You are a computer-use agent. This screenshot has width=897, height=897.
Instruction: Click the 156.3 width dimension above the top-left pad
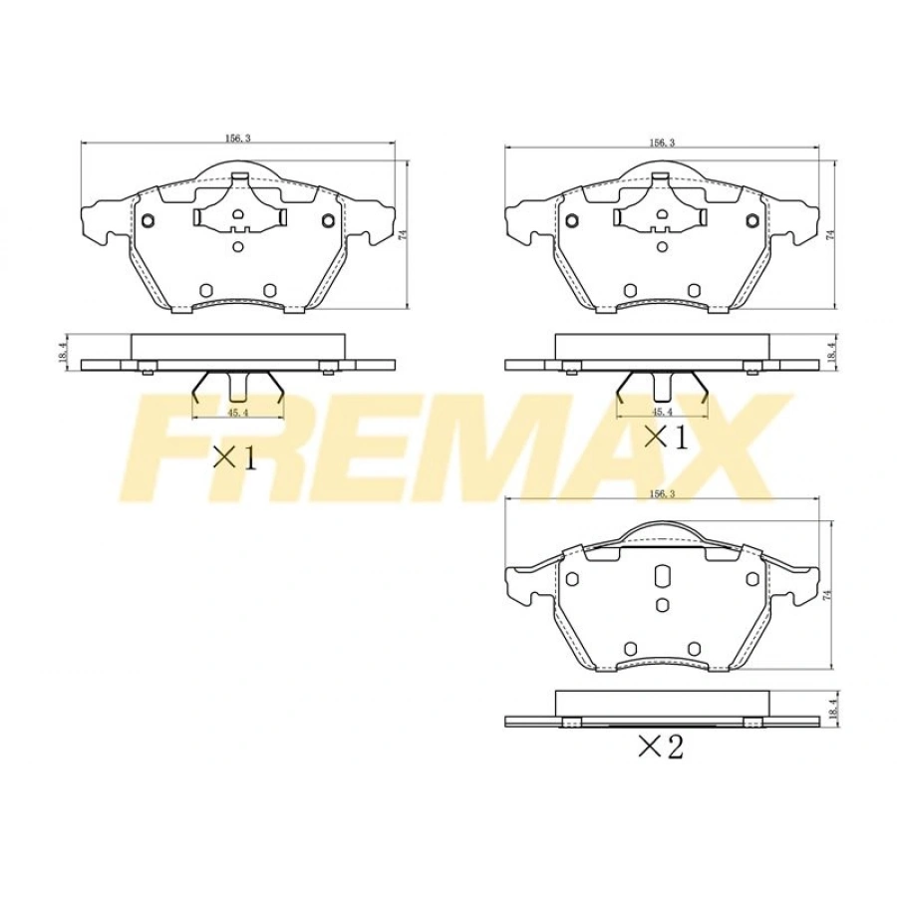point(237,138)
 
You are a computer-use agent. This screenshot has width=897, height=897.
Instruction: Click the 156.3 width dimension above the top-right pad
point(662,143)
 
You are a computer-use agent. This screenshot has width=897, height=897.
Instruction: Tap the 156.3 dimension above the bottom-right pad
point(662,494)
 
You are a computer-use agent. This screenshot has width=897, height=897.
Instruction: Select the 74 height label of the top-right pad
point(830,234)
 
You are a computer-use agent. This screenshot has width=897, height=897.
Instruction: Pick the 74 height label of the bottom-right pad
point(825,595)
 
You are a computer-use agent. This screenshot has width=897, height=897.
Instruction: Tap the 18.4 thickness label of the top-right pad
point(830,349)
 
